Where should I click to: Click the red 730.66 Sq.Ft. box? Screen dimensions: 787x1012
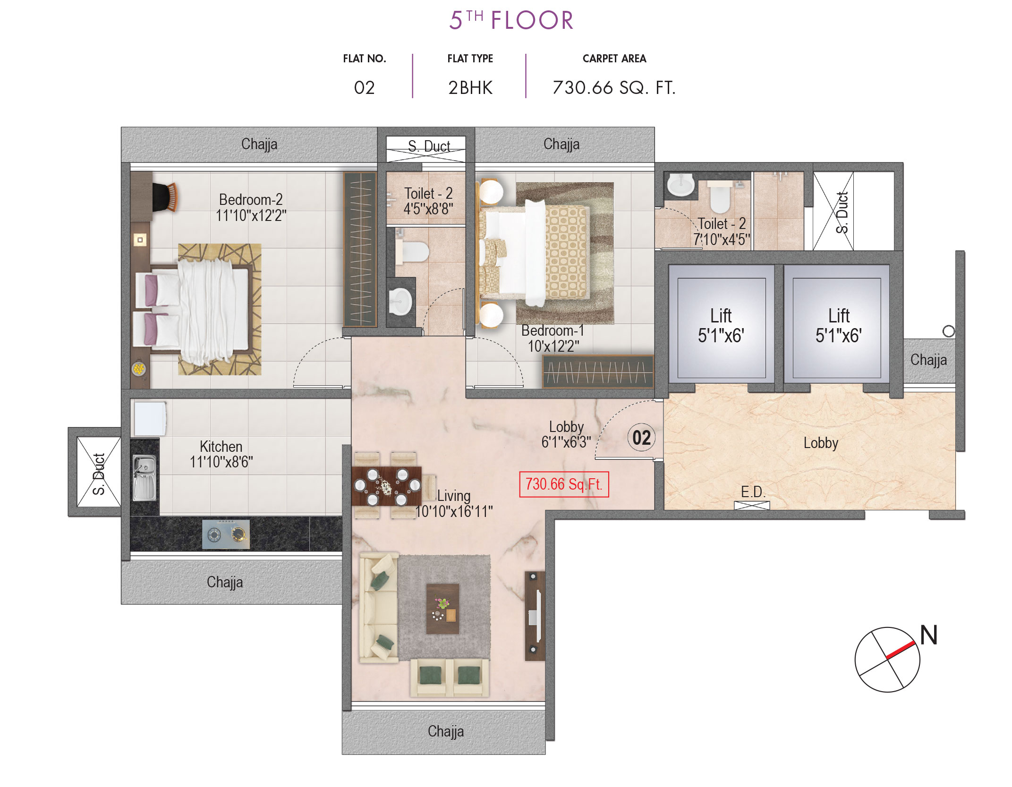point(563,484)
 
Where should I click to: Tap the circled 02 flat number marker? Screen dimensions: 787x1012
point(641,438)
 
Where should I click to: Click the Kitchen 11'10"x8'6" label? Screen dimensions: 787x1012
point(221,454)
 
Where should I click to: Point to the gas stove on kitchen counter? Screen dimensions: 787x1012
point(226,534)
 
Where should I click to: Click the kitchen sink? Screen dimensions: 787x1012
point(144,477)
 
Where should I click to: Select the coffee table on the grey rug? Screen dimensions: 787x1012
point(442,609)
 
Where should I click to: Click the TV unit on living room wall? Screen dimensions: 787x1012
point(535,616)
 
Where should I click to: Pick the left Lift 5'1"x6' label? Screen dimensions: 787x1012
point(721,326)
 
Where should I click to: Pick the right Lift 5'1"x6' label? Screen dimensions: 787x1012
point(838,326)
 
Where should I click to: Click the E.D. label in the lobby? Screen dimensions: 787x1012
point(753,492)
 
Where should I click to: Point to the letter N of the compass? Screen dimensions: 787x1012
point(928,635)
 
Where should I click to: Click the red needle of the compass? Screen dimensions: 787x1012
point(901,650)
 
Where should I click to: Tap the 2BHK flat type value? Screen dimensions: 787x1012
point(470,88)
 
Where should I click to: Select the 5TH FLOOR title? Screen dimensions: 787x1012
point(511,20)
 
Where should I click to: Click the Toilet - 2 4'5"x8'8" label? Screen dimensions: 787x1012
point(428,201)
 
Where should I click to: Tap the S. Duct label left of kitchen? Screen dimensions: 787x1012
point(99,474)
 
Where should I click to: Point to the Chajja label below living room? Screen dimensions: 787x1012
point(445,731)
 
